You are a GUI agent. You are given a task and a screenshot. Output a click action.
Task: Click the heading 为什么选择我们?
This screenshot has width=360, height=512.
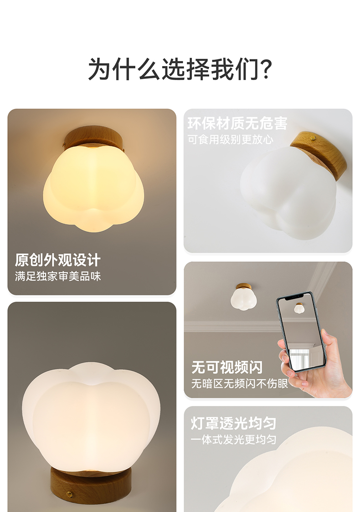(x=180, y=69)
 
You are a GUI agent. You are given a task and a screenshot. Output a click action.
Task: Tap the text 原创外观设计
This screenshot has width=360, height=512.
(x=57, y=260)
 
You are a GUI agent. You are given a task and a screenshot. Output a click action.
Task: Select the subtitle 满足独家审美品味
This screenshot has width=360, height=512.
(x=57, y=276)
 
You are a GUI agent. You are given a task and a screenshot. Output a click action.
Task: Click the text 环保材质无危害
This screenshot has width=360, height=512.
(x=237, y=123)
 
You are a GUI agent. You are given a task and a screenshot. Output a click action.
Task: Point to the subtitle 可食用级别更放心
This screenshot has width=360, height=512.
(x=231, y=139)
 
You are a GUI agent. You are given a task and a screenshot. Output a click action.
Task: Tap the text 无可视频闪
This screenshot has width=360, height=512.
(x=227, y=367)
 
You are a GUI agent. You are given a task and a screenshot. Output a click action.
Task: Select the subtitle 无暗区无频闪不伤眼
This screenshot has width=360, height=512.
(x=239, y=384)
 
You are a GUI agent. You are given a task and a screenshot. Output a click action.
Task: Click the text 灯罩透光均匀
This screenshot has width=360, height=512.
(x=233, y=423)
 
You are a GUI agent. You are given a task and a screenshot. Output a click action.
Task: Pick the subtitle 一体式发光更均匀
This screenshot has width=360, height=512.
(x=233, y=440)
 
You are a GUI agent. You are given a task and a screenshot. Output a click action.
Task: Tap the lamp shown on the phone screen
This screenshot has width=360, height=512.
(x=299, y=308)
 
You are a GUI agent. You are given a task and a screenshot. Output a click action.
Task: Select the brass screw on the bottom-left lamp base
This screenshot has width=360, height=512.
(x=69, y=493)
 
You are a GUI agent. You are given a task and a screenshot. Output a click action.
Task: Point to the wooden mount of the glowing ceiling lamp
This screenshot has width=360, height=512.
(x=93, y=137)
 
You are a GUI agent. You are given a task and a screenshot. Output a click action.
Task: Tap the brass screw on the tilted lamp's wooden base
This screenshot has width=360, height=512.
(x=313, y=138)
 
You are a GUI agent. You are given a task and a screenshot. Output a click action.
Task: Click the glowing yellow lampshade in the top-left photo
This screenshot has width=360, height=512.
(x=93, y=189)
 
